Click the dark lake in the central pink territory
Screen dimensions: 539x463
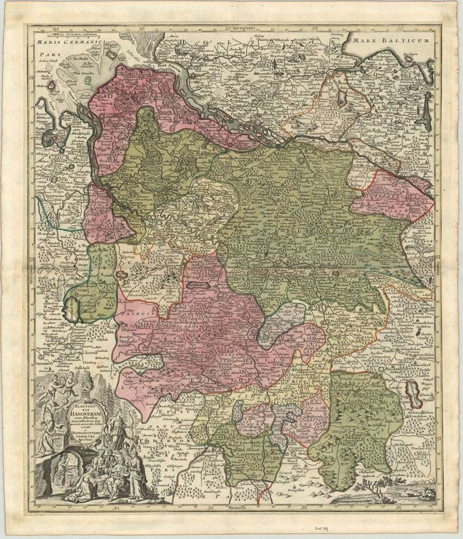tap(197, 286)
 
